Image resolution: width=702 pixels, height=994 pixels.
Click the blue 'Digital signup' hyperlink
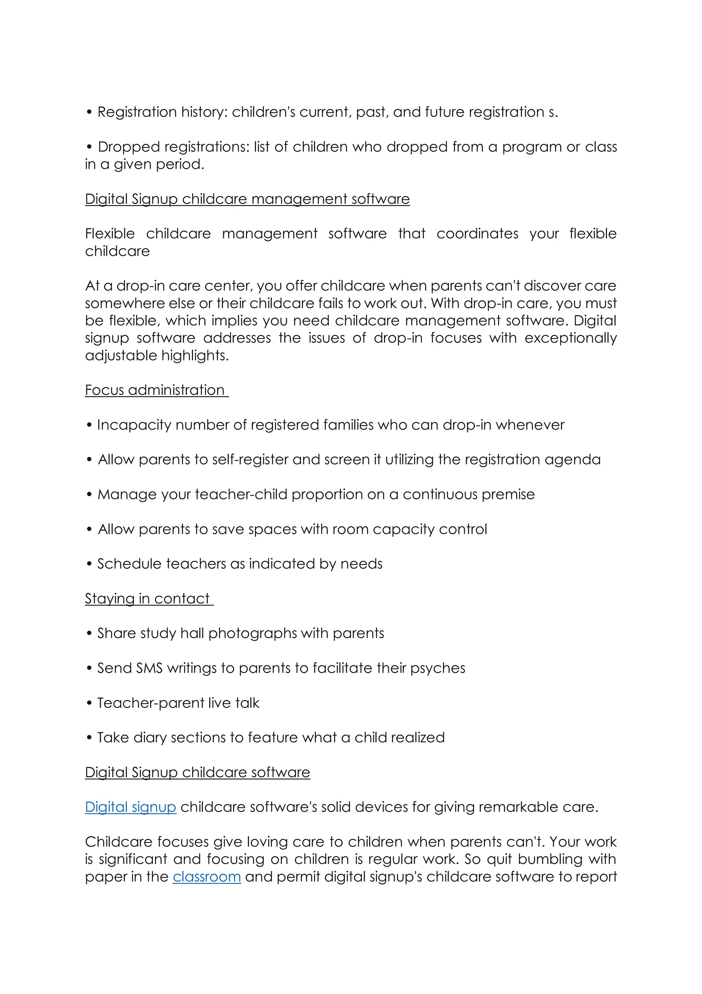coord(130,807)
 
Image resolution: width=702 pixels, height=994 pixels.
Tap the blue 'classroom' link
coord(206,877)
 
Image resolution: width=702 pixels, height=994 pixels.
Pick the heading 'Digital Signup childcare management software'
coord(247,199)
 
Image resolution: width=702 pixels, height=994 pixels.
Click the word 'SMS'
coord(149,668)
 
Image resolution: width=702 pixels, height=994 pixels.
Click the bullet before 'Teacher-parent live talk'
coord(89,703)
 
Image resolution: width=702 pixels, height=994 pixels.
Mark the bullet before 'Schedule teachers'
coord(89,564)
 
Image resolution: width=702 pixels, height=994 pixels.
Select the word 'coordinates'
coord(477,234)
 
